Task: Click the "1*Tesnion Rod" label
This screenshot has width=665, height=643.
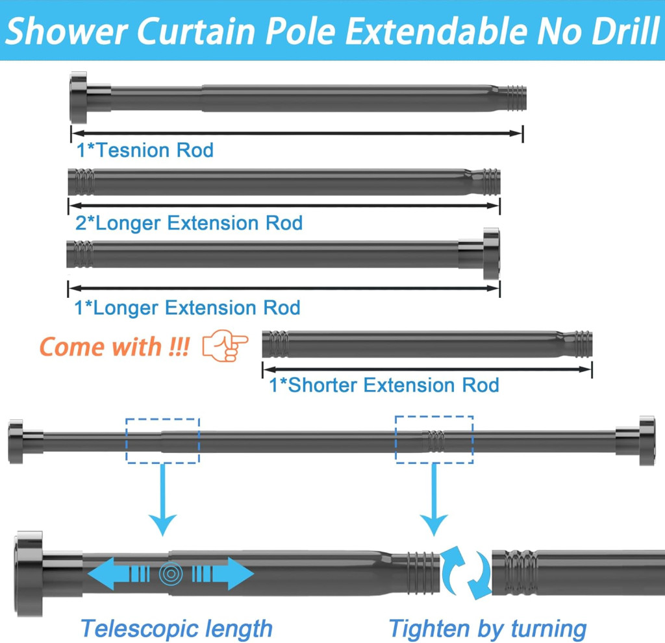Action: (x=145, y=151)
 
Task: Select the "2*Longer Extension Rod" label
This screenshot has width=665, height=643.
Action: (x=189, y=223)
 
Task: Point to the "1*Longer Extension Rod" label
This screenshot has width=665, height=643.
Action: (x=188, y=307)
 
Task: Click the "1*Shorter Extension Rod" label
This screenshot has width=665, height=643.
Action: (x=384, y=385)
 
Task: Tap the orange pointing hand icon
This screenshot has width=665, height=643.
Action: (x=225, y=346)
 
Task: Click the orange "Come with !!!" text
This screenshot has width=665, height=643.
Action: (x=114, y=346)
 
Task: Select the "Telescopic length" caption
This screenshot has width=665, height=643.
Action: (x=176, y=628)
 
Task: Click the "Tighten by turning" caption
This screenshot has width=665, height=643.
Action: (x=488, y=628)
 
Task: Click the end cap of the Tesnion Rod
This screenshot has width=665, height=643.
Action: (x=79, y=98)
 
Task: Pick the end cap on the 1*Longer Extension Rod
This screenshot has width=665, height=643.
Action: (x=491, y=254)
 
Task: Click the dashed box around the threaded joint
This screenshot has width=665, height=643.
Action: (x=434, y=439)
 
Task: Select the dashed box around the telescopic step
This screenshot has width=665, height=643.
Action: (x=162, y=440)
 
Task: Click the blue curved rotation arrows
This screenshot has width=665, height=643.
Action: (x=466, y=572)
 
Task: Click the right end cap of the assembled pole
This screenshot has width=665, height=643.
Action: (x=646, y=441)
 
